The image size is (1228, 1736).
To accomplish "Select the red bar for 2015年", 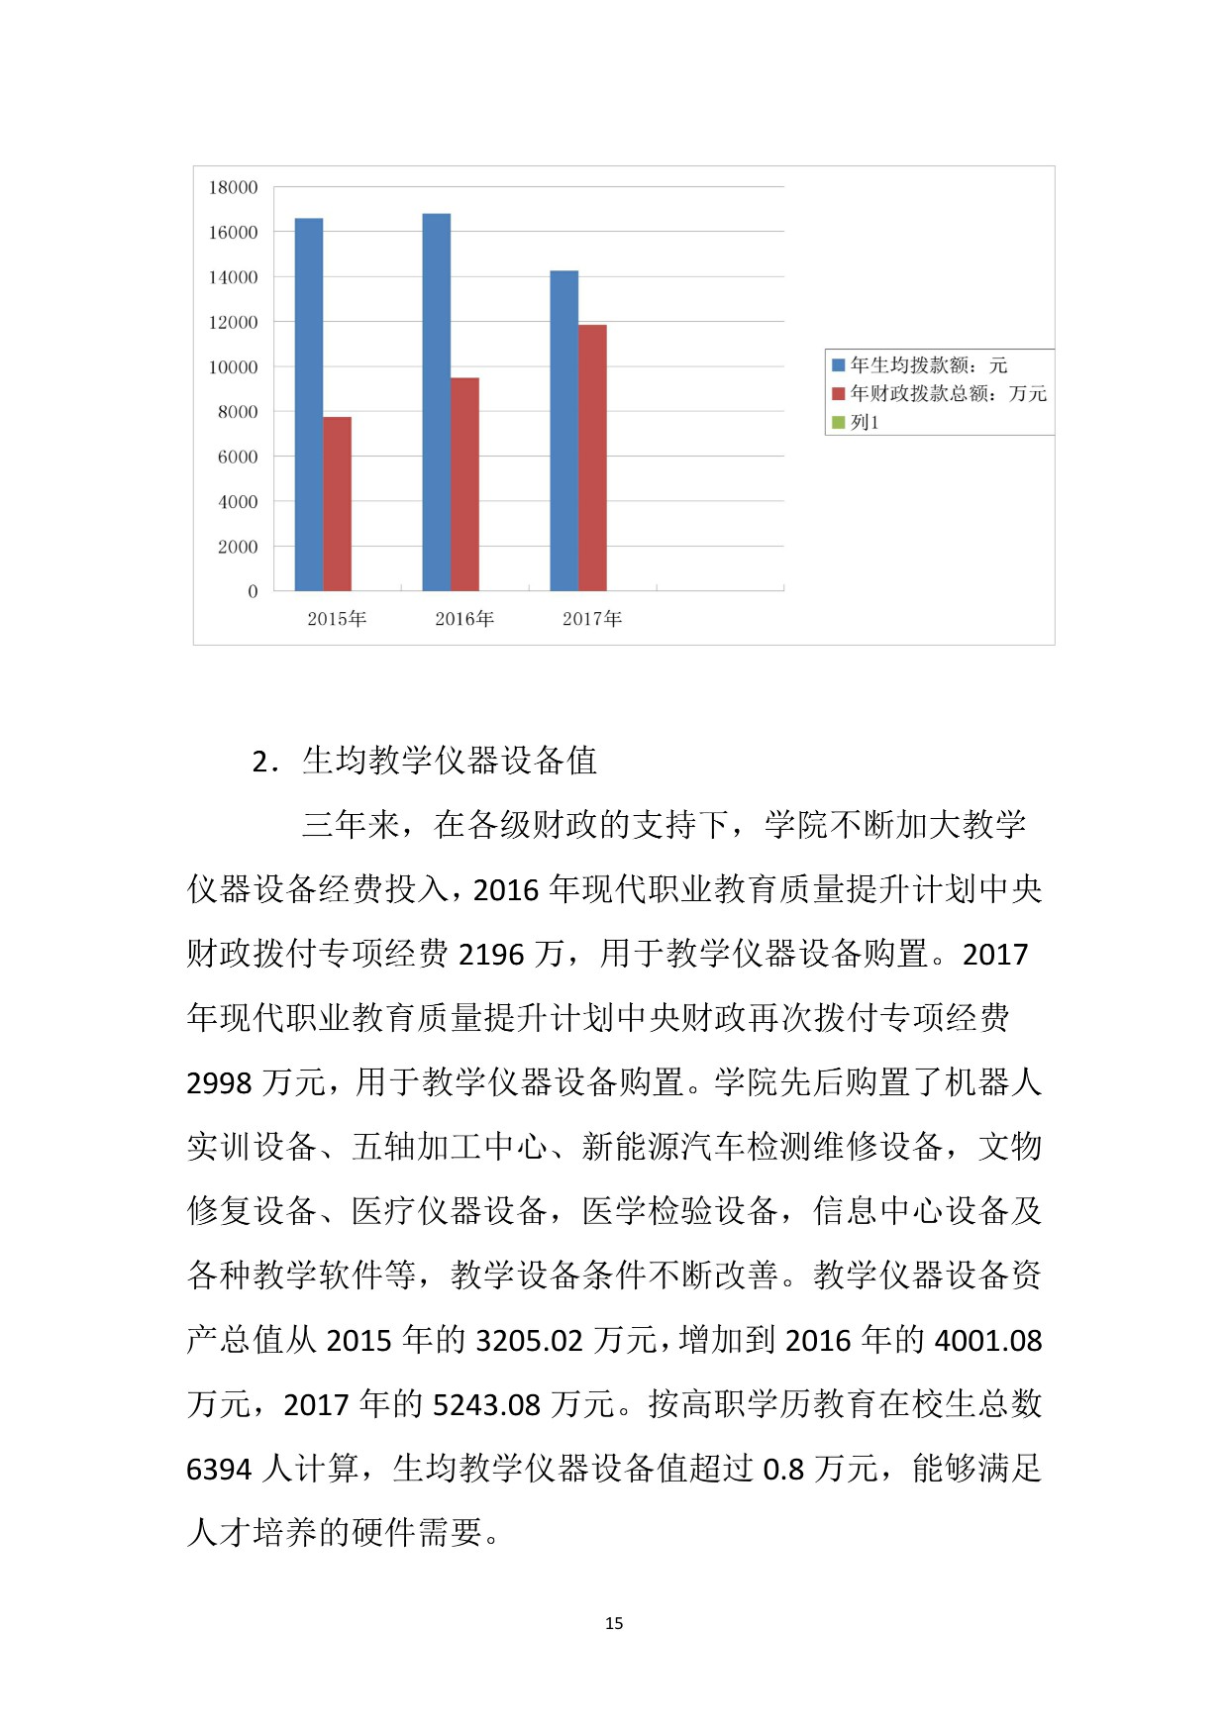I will click(x=338, y=504).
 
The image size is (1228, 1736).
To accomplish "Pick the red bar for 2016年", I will click(x=465, y=484).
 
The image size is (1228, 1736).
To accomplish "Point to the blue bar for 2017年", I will click(x=564, y=431).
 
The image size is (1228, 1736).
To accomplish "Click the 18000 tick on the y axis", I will click(x=233, y=187).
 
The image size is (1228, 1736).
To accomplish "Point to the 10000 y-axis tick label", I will click(x=233, y=367).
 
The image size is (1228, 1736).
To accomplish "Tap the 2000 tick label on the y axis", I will click(x=238, y=547).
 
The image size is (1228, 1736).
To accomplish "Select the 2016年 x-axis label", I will click(x=464, y=619).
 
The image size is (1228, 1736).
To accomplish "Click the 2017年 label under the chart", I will click(x=592, y=619).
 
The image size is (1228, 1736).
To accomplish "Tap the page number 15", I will click(x=614, y=1623).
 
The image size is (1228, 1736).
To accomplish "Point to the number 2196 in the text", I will click(x=491, y=955).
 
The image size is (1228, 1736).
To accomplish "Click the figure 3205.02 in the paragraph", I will click(x=529, y=1341).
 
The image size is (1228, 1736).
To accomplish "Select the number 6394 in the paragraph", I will click(x=219, y=1470).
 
